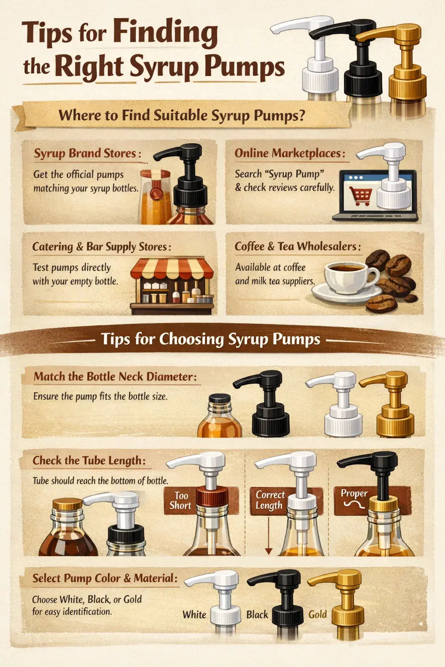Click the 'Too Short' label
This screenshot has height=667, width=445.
(180, 500)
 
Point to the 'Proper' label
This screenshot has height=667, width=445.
(354, 493)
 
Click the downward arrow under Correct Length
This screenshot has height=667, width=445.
(269, 535)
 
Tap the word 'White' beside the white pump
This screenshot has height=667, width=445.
(194, 614)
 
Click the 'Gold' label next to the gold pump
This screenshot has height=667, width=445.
(317, 614)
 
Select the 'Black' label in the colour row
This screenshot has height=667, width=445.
(257, 614)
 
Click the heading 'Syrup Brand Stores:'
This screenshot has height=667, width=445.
(87, 153)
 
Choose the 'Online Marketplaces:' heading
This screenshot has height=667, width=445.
(290, 153)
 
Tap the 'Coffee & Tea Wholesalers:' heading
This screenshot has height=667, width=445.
(297, 246)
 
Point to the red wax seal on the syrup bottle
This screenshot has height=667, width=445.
(156, 193)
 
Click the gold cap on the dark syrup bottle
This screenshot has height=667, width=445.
(67, 504)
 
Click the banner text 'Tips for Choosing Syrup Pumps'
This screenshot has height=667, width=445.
(210, 339)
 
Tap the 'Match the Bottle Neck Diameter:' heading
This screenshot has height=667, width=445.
(115, 376)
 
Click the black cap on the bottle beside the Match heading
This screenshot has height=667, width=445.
(220, 398)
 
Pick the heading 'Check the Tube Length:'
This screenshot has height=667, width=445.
(89, 460)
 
